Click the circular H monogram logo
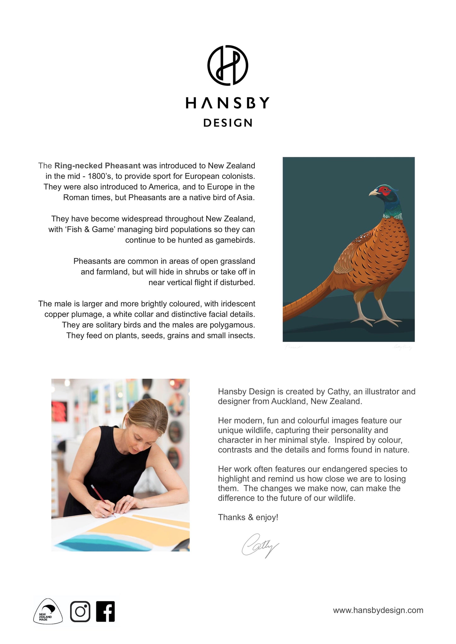tap(228, 65)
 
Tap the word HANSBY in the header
tap(228, 103)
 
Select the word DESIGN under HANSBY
tap(228, 123)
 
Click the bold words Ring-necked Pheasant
tap(97, 166)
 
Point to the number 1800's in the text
tap(99, 176)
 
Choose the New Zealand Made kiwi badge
tap(48, 612)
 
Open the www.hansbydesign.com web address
tap(378, 610)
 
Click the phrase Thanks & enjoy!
tap(248, 517)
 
